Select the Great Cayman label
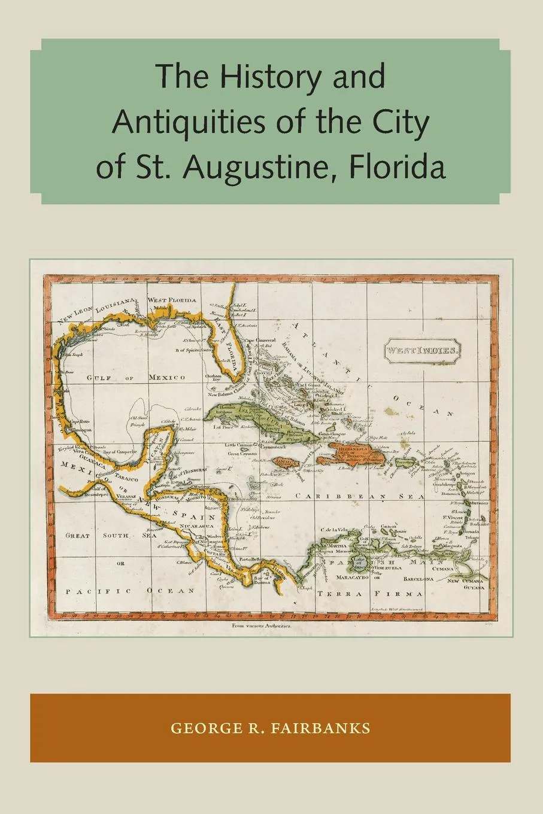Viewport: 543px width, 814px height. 241,454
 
